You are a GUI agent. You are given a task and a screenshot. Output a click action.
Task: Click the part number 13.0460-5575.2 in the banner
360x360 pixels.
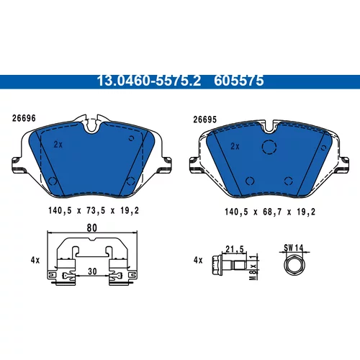pos(149,81)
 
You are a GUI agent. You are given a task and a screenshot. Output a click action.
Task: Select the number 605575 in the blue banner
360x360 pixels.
pos(239,81)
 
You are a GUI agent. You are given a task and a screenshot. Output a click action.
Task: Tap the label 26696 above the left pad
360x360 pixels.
pos(24,118)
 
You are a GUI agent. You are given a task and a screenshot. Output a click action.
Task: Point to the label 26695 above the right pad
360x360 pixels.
pos(205,120)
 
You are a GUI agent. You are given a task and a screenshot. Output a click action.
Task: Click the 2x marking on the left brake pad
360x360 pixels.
pos(58,145)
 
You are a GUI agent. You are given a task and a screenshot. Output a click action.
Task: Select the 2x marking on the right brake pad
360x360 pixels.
pos(235,146)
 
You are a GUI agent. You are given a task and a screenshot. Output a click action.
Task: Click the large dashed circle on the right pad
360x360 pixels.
pos(269,147)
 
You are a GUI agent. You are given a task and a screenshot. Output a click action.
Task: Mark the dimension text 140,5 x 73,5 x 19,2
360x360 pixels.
pos(94,211)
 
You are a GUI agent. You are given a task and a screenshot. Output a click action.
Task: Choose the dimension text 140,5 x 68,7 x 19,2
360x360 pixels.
pos(270,212)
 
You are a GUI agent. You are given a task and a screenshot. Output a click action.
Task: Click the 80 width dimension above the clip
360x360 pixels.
pos(92,228)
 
